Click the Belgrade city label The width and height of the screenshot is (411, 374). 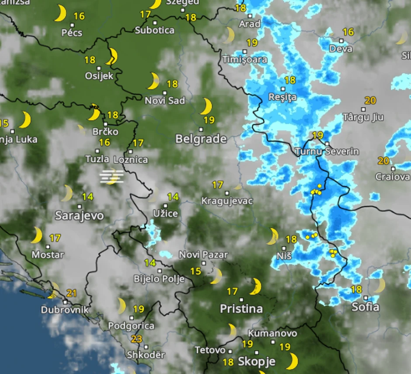pyautogui.click(x=201, y=139)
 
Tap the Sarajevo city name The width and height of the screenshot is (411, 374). pyautogui.click(x=80, y=215)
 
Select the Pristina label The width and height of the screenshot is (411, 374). pyautogui.click(x=241, y=309)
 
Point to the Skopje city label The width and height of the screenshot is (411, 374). pyautogui.click(x=257, y=362)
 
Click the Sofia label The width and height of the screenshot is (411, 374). pyautogui.click(x=366, y=307)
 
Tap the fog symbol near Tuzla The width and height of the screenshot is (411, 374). pyautogui.click(x=111, y=176)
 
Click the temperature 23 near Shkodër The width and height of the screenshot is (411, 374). pyautogui.click(x=137, y=339)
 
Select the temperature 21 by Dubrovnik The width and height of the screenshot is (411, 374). pyautogui.click(x=71, y=293)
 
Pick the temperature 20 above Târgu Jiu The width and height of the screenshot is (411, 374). pyautogui.click(x=370, y=101)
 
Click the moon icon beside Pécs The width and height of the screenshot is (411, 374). pyautogui.click(x=60, y=14)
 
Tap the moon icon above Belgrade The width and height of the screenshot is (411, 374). pyautogui.click(x=206, y=106)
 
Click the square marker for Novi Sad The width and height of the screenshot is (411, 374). pyautogui.click(x=165, y=93)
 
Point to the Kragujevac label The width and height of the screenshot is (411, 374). pyautogui.click(x=227, y=201)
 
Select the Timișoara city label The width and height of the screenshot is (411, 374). pyautogui.click(x=245, y=59)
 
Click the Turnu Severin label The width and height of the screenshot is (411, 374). pyautogui.click(x=327, y=152)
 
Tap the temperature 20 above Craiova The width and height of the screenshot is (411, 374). pyautogui.click(x=383, y=161)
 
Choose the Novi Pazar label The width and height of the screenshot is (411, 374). pyautogui.click(x=203, y=254)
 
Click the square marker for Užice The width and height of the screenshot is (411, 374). pyautogui.click(x=166, y=205)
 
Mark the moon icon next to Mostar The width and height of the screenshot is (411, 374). pyautogui.click(x=36, y=235)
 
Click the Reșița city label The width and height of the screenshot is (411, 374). pyautogui.click(x=282, y=97)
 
